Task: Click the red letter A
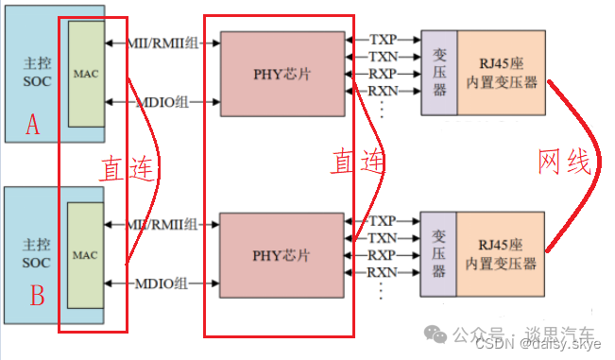(x=33, y=126)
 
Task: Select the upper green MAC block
(x=85, y=73)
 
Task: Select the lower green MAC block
(x=85, y=255)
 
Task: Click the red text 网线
(x=564, y=163)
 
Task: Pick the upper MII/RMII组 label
(x=164, y=42)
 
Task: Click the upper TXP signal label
(x=383, y=40)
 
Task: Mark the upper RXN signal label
(x=383, y=92)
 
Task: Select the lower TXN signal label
(x=383, y=238)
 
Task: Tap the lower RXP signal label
(x=383, y=256)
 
